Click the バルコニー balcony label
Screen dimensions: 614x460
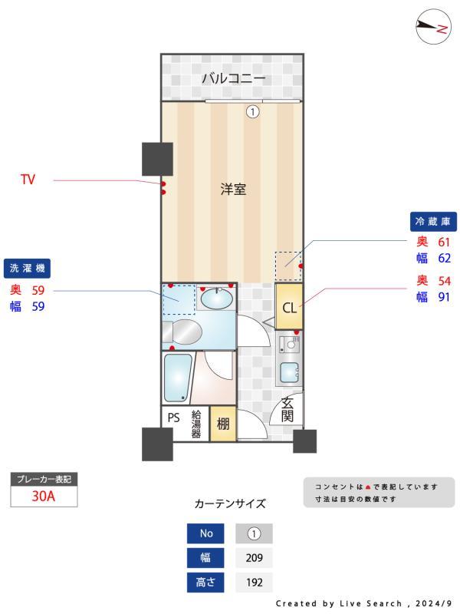(233, 78)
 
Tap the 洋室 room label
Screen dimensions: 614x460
(233, 190)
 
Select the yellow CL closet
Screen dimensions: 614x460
(289, 308)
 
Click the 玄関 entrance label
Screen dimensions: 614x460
(288, 410)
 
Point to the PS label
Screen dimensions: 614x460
(174, 419)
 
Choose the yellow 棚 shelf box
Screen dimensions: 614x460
(222, 424)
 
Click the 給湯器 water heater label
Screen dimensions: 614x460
(196, 424)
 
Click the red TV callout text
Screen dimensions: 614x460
(28, 180)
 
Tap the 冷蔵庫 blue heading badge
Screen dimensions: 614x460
(435, 222)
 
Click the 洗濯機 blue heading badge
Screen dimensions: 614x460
(27, 269)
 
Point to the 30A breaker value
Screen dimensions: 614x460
(44, 496)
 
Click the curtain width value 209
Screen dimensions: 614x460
(254, 558)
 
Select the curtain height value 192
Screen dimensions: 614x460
(254, 583)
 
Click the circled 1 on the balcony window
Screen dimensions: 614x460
(252, 112)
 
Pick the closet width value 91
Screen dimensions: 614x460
(444, 297)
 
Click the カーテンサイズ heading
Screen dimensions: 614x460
(230, 504)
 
